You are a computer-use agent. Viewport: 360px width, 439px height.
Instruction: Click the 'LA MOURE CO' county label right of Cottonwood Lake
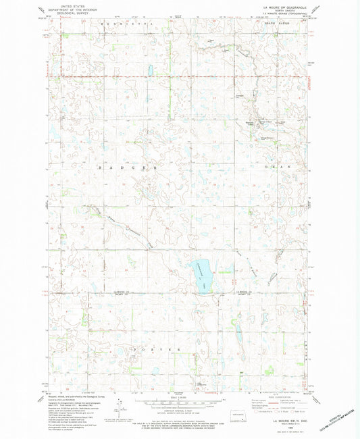(x=245, y=292)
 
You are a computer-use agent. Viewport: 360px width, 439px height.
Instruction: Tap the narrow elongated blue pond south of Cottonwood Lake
(x=238, y=332)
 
